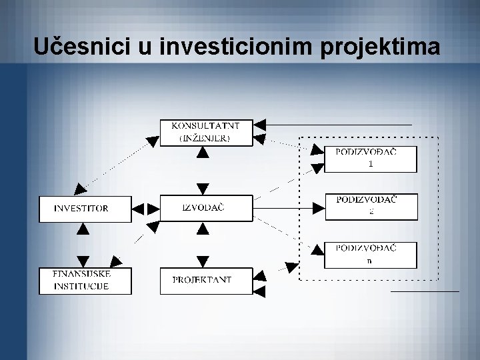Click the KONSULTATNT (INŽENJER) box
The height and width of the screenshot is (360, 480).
[206, 132]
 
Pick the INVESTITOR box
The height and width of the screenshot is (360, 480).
[81, 208]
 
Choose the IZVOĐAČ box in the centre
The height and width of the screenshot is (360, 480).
[206, 207]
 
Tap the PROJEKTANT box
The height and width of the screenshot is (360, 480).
[206, 280]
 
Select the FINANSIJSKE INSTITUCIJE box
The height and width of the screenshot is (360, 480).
[81, 281]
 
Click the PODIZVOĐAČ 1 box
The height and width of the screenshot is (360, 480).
[371, 159]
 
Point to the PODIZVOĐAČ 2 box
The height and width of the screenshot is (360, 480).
[371, 206]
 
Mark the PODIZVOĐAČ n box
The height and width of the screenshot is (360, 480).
[371, 255]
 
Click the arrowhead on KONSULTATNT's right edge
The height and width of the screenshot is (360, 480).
[261, 125]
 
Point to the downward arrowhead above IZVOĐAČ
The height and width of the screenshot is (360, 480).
[203, 188]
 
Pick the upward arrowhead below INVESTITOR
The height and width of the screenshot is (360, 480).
[82, 229]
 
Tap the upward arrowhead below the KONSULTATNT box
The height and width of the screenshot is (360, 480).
[203, 153]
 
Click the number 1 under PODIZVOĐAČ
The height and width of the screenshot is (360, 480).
[371, 164]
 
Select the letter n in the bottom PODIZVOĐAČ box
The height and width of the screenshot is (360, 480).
[369, 261]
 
